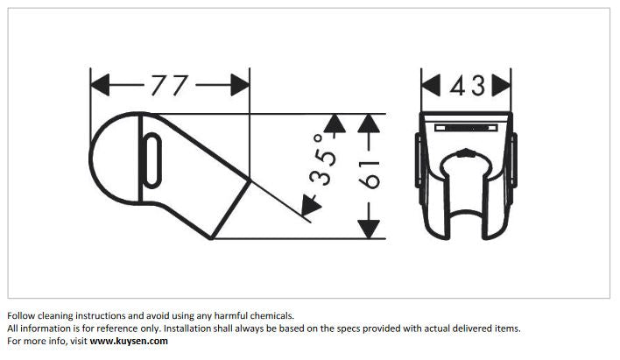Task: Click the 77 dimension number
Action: (x=169, y=86)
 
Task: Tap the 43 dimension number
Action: (x=468, y=86)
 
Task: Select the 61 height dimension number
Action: (x=369, y=174)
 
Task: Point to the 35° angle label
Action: (x=323, y=159)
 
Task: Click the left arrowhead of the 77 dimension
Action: (x=100, y=85)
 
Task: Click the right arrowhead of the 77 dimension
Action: (x=241, y=85)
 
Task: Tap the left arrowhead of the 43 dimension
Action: (x=431, y=85)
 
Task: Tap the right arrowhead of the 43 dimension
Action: (x=501, y=85)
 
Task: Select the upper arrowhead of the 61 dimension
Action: (x=369, y=123)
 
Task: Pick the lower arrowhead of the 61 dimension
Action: (x=369, y=229)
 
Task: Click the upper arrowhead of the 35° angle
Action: (x=335, y=123)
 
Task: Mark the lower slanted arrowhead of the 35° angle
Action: (x=310, y=205)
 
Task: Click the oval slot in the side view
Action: (x=151, y=160)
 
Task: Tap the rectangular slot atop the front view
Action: (x=466, y=128)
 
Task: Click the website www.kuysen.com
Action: (x=129, y=341)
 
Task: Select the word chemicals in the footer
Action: (x=272, y=315)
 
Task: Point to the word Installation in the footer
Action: (x=187, y=328)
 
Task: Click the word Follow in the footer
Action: (x=20, y=315)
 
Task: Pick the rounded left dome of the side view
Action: (x=114, y=159)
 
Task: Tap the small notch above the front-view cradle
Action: (x=467, y=152)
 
